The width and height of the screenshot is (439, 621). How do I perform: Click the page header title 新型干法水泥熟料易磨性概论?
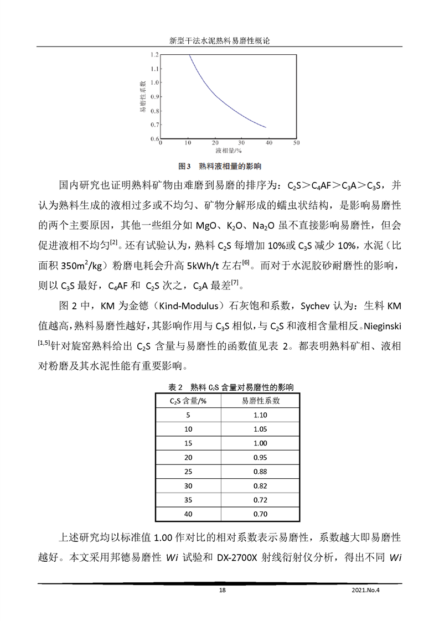(219, 41)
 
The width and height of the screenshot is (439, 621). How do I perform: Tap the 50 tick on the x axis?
(296, 143)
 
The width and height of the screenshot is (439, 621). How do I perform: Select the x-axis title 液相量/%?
(229, 150)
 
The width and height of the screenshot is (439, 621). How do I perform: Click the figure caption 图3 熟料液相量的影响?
(220, 165)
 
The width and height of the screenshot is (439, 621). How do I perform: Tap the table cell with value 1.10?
(260, 415)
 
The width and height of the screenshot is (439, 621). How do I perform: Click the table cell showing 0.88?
(260, 472)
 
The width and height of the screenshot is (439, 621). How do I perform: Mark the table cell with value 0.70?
(260, 514)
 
